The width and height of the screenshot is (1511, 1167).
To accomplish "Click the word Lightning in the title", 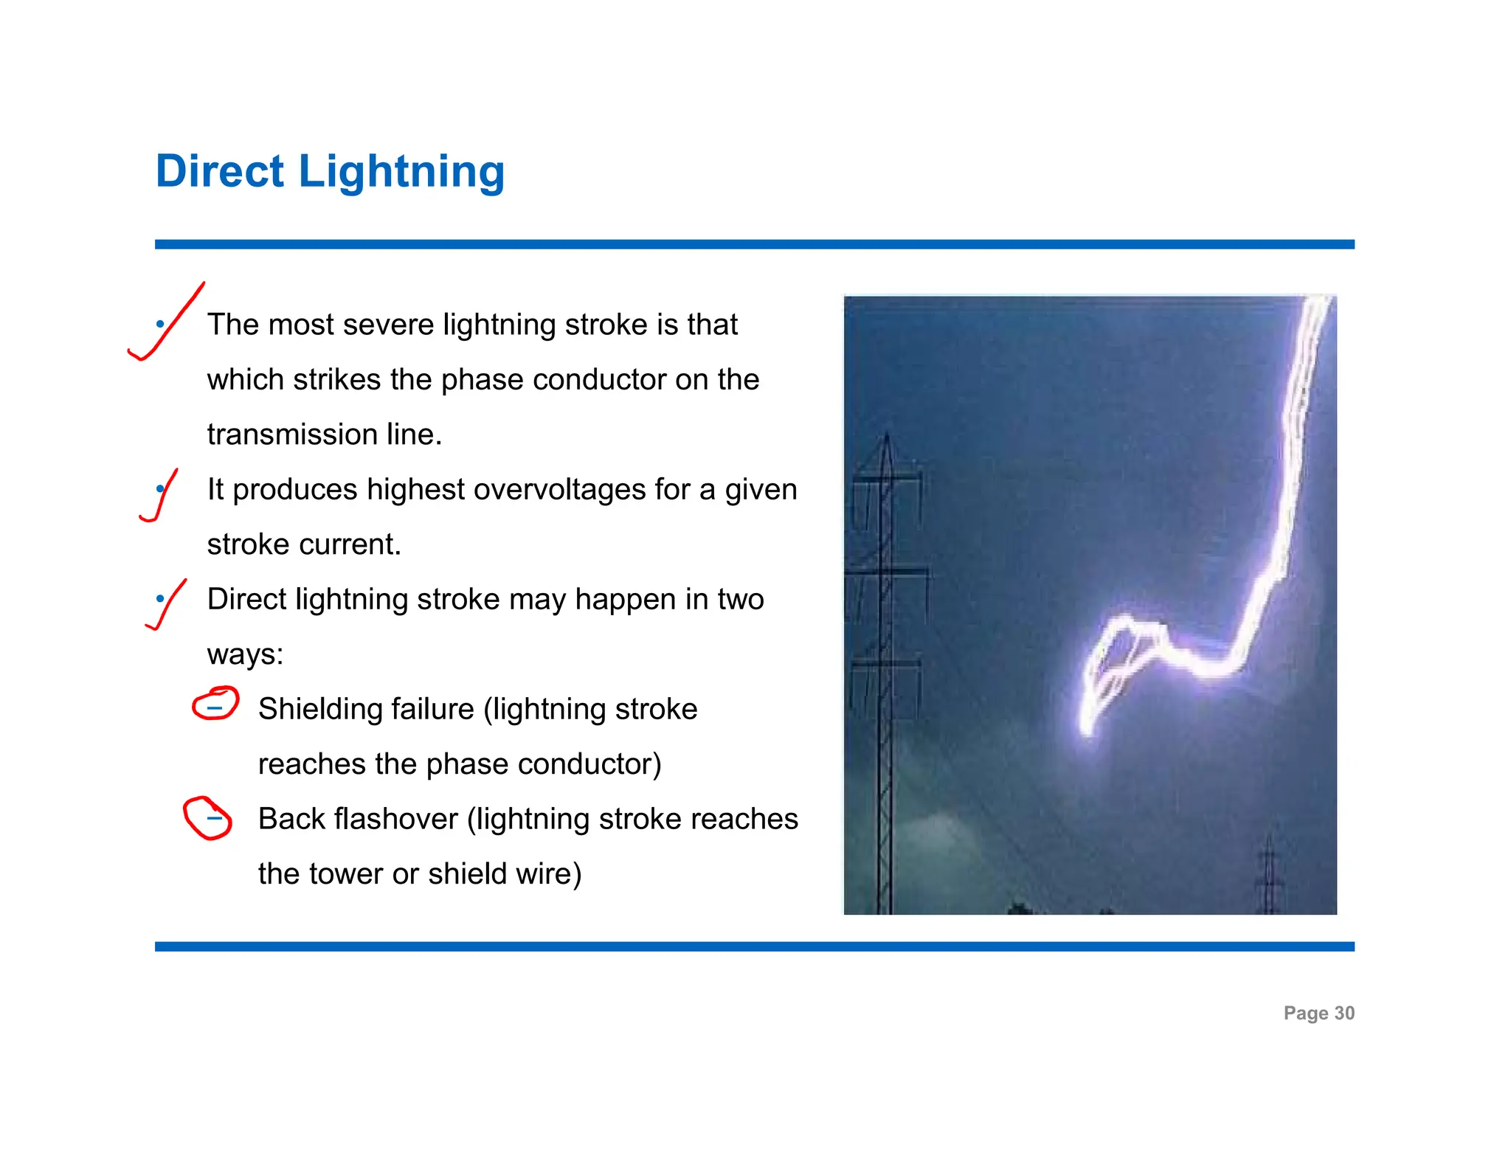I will (401, 173).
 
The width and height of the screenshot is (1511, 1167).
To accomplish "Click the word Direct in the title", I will (219, 171).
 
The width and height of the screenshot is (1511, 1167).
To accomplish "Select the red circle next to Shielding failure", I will (215, 703).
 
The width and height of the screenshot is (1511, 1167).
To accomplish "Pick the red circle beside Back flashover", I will (207, 817).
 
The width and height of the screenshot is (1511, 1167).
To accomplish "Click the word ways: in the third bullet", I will (245, 654).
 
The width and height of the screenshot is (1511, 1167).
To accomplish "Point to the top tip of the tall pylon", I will (887, 435).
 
